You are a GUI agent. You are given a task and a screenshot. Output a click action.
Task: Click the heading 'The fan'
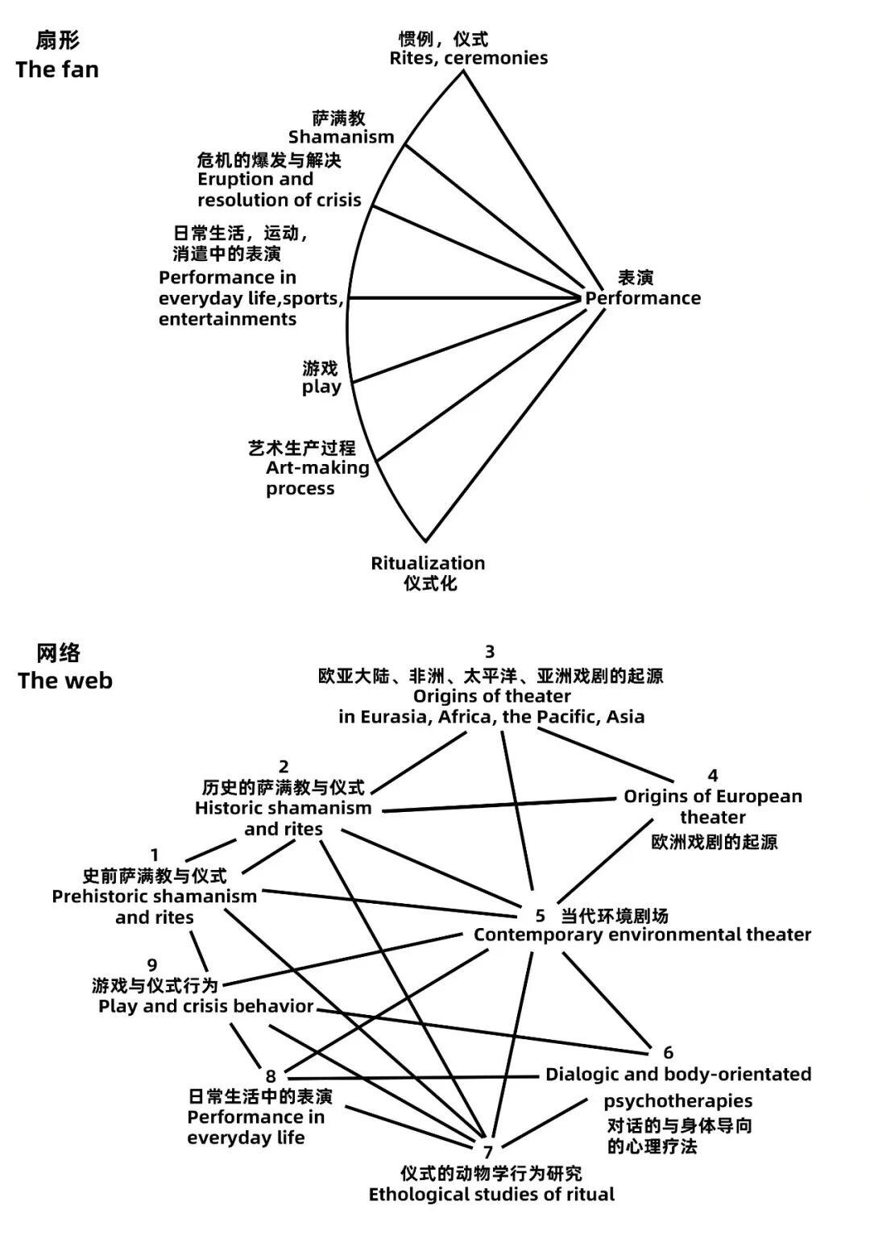pyautogui.click(x=57, y=69)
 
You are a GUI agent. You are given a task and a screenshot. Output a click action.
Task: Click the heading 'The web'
pyautogui.click(x=65, y=681)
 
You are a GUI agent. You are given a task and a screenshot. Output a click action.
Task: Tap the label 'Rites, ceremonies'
pyautogui.click(x=468, y=58)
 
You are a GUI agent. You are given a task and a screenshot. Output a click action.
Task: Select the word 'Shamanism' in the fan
pyautogui.click(x=342, y=137)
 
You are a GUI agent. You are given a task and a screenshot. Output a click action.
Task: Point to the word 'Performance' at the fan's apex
pyautogui.click(x=643, y=298)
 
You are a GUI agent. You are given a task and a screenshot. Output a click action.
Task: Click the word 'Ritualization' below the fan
pyautogui.click(x=428, y=563)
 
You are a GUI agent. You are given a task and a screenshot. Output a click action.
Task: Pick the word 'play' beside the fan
pyautogui.click(x=321, y=387)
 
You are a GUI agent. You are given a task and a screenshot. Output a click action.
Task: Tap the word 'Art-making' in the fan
pyautogui.click(x=317, y=467)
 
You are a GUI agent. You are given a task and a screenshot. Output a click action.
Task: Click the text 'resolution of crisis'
pyautogui.click(x=280, y=200)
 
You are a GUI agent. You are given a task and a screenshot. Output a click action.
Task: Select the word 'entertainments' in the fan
pyautogui.click(x=227, y=319)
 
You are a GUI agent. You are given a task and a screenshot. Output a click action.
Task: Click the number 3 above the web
pyautogui.click(x=489, y=651)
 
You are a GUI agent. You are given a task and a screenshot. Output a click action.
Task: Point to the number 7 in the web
pyautogui.click(x=487, y=1153)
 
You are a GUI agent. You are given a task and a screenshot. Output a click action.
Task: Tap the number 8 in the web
pyautogui.click(x=271, y=1076)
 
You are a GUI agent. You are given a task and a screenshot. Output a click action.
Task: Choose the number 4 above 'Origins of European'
pyautogui.click(x=712, y=775)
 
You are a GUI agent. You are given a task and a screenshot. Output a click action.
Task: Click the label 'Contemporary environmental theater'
pyautogui.click(x=642, y=934)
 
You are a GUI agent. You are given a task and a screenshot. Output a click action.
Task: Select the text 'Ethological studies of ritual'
pyautogui.click(x=491, y=1194)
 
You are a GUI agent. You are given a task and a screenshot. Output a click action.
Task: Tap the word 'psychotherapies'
pyautogui.click(x=678, y=1101)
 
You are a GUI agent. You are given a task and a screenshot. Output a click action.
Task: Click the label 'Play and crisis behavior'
pyautogui.click(x=205, y=1006)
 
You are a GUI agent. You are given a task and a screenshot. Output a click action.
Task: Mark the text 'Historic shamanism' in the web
pyautogui.click(x=283, y=808)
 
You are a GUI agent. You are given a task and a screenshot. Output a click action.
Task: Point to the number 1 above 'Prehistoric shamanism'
pyautogui.click(x=155, y=855)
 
